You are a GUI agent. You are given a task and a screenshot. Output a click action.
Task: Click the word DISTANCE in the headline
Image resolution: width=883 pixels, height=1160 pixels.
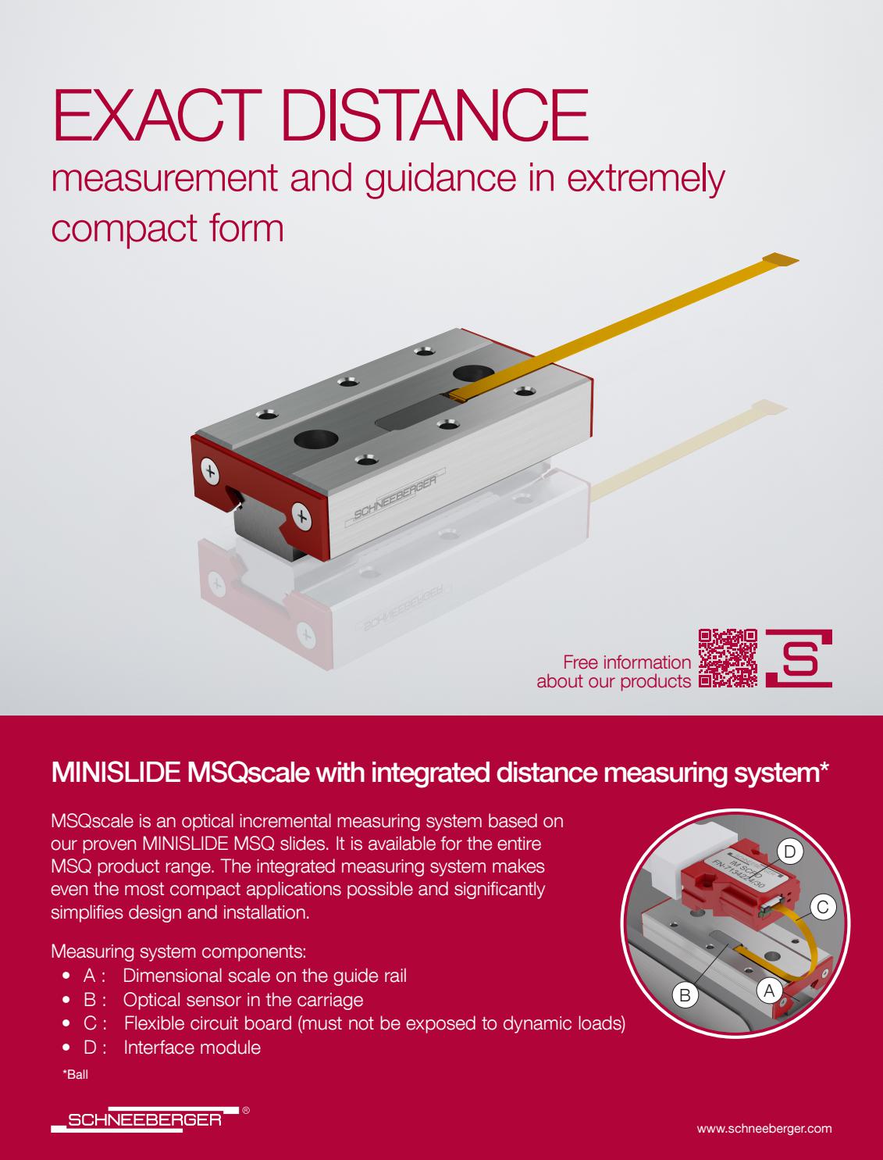click(433, 116)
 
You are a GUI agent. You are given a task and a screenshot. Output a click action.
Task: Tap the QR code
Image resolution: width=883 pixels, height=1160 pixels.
click(727, 658)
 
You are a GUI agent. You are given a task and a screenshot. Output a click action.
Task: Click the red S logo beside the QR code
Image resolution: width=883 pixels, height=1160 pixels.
click(799, 658)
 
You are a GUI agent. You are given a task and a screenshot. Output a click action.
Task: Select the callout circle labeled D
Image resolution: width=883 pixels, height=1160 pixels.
click(789, 851)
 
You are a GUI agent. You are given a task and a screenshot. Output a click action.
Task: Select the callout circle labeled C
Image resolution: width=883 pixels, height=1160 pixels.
click(822, 907)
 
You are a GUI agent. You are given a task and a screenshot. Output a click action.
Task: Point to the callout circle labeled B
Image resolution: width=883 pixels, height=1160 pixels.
click(685, 995)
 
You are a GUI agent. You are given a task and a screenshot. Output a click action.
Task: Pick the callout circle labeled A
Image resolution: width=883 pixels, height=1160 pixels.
click(768, 990)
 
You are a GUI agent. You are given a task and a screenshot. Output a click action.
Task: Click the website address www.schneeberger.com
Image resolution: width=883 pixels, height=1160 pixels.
click(764, 1128)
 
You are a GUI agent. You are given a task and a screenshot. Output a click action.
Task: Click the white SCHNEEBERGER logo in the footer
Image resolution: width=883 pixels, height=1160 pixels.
click(144, 1119)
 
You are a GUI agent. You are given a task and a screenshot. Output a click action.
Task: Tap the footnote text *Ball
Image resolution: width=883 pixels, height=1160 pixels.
click(75, 1075)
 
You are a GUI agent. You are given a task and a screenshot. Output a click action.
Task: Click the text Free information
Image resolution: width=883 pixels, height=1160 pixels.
click(626, 662)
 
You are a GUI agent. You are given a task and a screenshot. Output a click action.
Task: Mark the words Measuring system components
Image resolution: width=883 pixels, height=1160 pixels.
click(178, 951)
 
